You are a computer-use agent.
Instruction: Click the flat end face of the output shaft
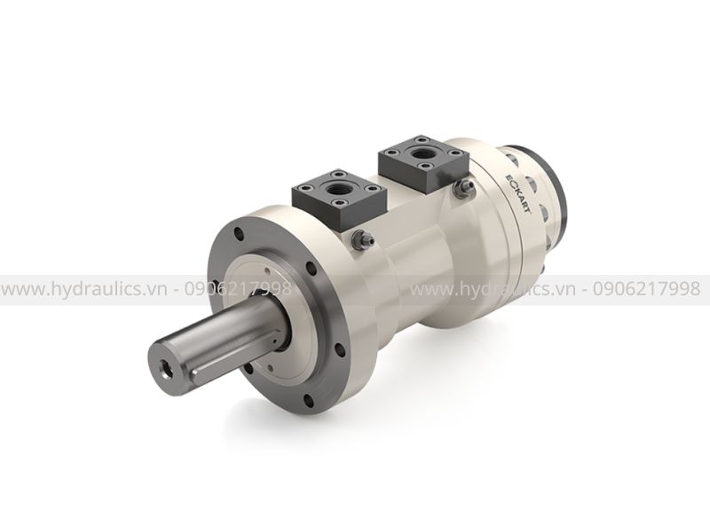[168, 363]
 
